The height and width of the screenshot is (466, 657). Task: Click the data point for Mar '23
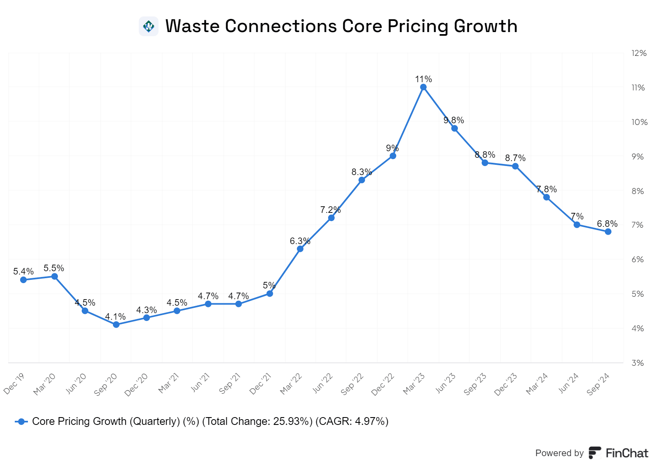(x=423, y=87)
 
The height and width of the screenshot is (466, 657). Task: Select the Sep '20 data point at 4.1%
(x=116, y=325)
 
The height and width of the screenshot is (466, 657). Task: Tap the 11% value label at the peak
(x=423, y=79)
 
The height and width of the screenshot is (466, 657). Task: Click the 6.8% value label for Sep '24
(x=607, y=224)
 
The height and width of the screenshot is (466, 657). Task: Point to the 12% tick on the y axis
(x=639, y=53)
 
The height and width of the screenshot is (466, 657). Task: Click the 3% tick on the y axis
(x=637, y=363)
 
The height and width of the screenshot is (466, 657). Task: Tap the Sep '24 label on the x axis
(x=598, y=384)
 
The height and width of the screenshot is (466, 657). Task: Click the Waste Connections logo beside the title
(x=149, y=26)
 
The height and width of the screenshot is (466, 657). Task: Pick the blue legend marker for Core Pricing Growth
(x=21, y=422)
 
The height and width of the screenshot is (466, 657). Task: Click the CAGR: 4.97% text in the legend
(x=352, y=422)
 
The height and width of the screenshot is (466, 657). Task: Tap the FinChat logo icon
(x=595, y=453)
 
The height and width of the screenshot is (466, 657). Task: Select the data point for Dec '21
(x=270, y=293)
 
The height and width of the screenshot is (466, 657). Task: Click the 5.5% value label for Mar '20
(x=54, y=268)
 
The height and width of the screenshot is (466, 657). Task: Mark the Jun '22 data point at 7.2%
(x=331, y=218)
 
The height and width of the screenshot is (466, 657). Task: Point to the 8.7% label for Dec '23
(x=515, y=158)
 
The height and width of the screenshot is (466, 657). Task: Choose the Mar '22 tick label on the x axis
(x=291, y=384)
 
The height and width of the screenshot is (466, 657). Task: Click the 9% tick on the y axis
(x=637, y=157)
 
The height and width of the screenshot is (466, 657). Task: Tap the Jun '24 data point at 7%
(x=577, y=225)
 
